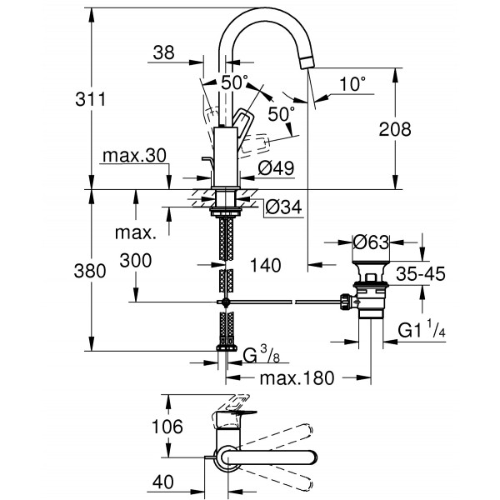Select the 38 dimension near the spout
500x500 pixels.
[164, 52]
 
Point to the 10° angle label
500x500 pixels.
[353, 83]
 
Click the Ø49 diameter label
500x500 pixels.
[276, 168]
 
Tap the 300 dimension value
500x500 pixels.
[135, 260]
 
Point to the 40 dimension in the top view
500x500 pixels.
[163, 480]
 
